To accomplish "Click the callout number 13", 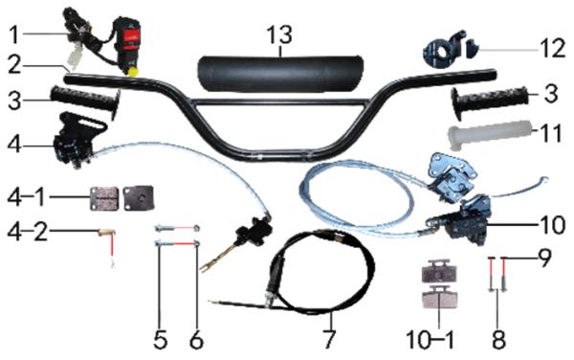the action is pyautogui.click(x=279, y=35).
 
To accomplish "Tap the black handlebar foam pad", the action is pyautogui.click(x=280, y=75).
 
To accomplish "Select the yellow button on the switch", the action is pyautogui.click(x=133, y=71).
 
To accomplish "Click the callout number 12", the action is pyautogui.click(x=553, y=48).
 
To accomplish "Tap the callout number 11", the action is pyautogui.click(x=551, y=133).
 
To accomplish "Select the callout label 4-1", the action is pyautogui.click(x=26, y=198).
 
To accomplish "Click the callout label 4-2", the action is pyautogui.click(x=28, y=232).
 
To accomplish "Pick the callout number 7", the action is pyautogui.click(x=329, y=339).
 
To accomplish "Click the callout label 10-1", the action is pyautogui.click(x=430, y=340).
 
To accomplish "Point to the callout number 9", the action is pyautogui.click(x=545, y=258).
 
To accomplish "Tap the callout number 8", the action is pyautogui.click(x=498, y=339).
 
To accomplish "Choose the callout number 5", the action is pyautogui.click(x=161, y=340).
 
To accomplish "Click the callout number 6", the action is pyautogui.click(x=196, y=340).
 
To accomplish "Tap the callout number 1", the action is pyautogui.click(x=13, y=35).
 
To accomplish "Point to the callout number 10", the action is pyautogui.click(x=552, y=224).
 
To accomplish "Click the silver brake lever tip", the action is pyautogui.click(x=545, y=179).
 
